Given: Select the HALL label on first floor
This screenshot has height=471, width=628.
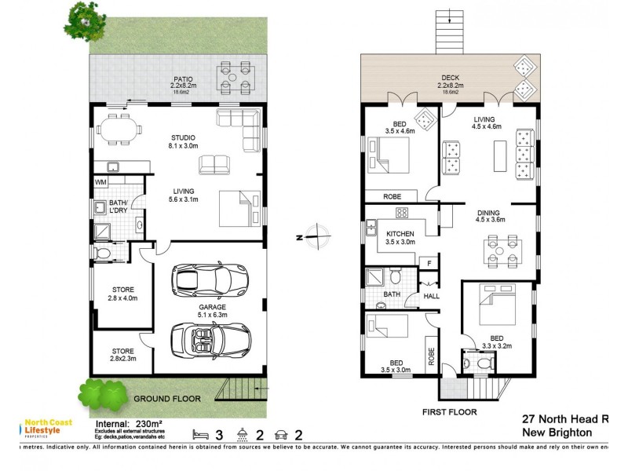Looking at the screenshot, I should tap(432, 296).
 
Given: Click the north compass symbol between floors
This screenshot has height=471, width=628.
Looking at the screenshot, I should tap(314, 234).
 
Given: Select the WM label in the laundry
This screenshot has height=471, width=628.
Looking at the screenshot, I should tap(100, 183).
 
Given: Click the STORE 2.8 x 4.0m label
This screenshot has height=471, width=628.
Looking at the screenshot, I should tap(123, 294).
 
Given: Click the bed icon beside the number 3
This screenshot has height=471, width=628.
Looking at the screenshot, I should tap(202, 434).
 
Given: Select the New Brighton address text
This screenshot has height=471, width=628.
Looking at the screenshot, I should tap(557, 433).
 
